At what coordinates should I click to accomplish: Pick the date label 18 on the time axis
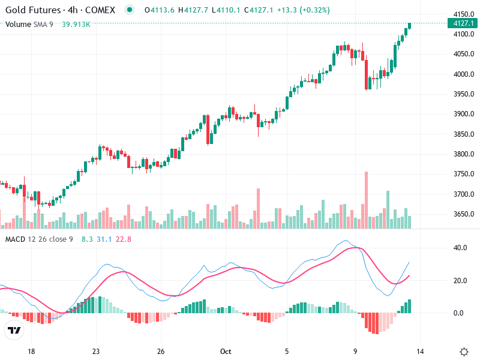32,352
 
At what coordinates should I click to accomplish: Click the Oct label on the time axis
226,352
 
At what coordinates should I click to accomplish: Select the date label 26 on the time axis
161,352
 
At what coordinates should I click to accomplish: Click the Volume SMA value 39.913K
76,24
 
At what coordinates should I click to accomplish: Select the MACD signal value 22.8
124,239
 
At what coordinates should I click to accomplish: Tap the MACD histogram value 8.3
87,239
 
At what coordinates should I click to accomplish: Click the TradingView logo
14,330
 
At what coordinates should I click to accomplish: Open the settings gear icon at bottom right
464,352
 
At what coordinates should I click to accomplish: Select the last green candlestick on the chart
410,25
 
